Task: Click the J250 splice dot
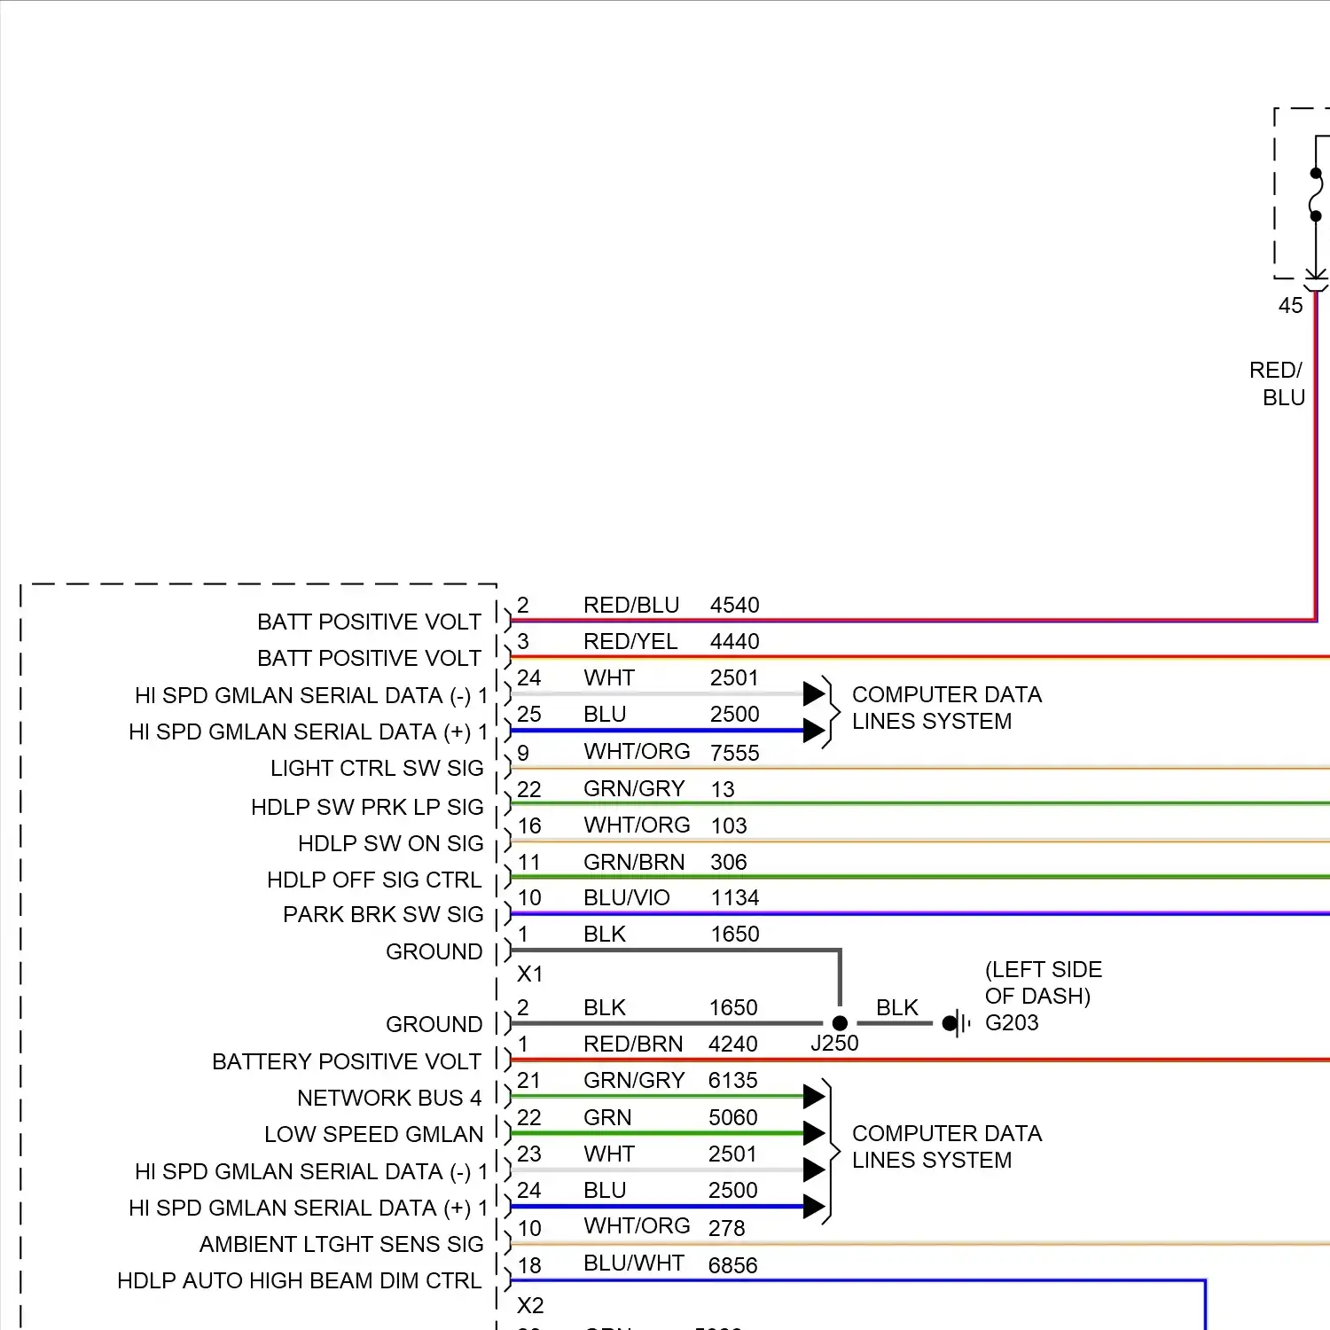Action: coord(840,1023)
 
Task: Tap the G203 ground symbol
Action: coord(954,1024)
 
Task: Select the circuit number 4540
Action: coord(734,605)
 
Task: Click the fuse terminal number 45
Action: coord(1290,306)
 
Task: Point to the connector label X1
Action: coord(529,974)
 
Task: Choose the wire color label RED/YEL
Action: coord(630,641)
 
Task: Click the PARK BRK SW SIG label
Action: coord(383,914)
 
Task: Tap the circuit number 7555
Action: coord(734,753)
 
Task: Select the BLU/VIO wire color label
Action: coord(626,897)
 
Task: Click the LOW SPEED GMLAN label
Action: coord(373,1134)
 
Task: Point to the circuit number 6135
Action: coord(732,1080)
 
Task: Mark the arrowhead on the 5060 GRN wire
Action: coord(814,1132)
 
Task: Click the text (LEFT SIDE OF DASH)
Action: coord(1043,982)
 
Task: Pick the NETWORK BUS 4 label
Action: coord(389,1098)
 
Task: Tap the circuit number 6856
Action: coord(732,1265)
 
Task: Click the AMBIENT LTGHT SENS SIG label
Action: coord(341,1244)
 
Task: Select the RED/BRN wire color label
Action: coord(632,1044)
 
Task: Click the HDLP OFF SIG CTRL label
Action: coord(374,880)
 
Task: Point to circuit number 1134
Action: coord(734,897)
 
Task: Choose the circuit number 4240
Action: coord(732,1044)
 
